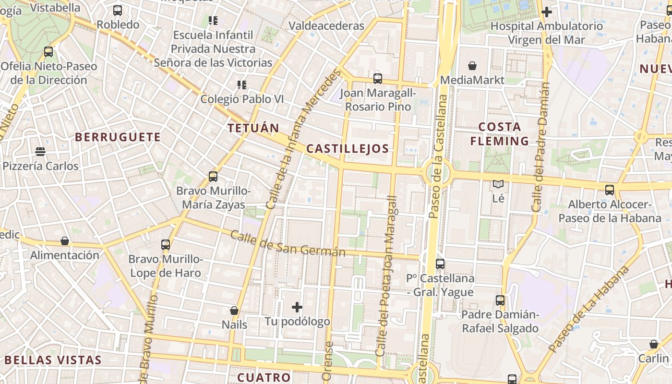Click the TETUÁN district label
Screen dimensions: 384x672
[253, 128]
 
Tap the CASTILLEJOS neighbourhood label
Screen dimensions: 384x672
[348, 149]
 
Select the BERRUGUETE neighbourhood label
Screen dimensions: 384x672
[118, 137]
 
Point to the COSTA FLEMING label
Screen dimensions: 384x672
[499, 134]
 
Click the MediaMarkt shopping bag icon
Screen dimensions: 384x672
[472, 66]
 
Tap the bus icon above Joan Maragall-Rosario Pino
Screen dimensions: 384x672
[378, 78]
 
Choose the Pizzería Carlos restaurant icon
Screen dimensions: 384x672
[40, 152]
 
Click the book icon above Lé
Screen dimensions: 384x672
[498, 184]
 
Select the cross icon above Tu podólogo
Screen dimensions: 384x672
[297, 307]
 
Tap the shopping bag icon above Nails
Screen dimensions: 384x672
[234, 311]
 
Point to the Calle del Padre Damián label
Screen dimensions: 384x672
[541, 147]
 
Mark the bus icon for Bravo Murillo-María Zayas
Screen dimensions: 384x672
[213, 177]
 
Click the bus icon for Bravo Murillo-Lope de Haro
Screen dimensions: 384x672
[166, 245]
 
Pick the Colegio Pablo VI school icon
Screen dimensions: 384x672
[242, 85]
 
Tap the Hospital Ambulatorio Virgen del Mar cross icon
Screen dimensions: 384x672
[546, 12]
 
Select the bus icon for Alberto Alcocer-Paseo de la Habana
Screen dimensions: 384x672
[610, 190]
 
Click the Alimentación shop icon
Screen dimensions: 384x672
[65, 241]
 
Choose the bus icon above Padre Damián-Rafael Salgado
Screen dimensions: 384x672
[500, 300]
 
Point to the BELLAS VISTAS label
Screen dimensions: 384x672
[53, 360]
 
